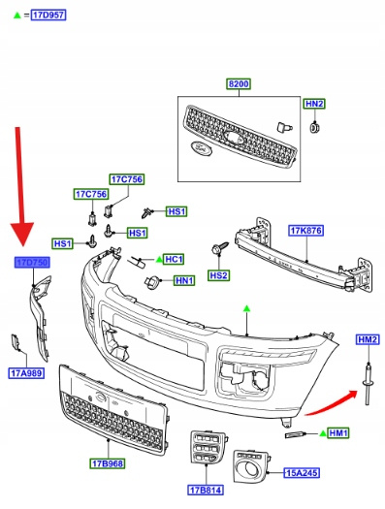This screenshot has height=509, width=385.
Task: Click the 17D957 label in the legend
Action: [48, 15]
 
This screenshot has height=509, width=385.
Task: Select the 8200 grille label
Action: [239, 83]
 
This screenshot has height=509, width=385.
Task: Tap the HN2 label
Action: [314, 104]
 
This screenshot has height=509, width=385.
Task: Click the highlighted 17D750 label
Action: [32, 262]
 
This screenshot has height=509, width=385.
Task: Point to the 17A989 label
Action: [26, 373]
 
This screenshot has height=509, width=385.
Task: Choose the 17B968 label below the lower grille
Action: [108, 463]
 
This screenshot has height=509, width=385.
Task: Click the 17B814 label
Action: [206, 490]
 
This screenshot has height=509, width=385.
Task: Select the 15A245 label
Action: [302, 473]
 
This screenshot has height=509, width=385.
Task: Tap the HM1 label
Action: [338, 432]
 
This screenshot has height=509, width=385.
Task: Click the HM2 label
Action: [368, 339]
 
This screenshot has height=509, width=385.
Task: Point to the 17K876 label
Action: [306, 231]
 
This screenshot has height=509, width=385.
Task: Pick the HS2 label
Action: [218, 275]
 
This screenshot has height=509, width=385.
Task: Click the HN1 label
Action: [184, 280]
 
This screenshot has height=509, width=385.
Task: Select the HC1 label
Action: [174, 259]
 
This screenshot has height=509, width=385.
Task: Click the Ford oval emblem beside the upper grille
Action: [201, 147]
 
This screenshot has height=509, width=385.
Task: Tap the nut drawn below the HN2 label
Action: [314, 127]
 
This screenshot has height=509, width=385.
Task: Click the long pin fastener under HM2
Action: [368, 384]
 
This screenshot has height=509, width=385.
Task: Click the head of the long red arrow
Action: [22, 234]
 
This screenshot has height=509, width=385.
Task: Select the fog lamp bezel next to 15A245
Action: [251, 466]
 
